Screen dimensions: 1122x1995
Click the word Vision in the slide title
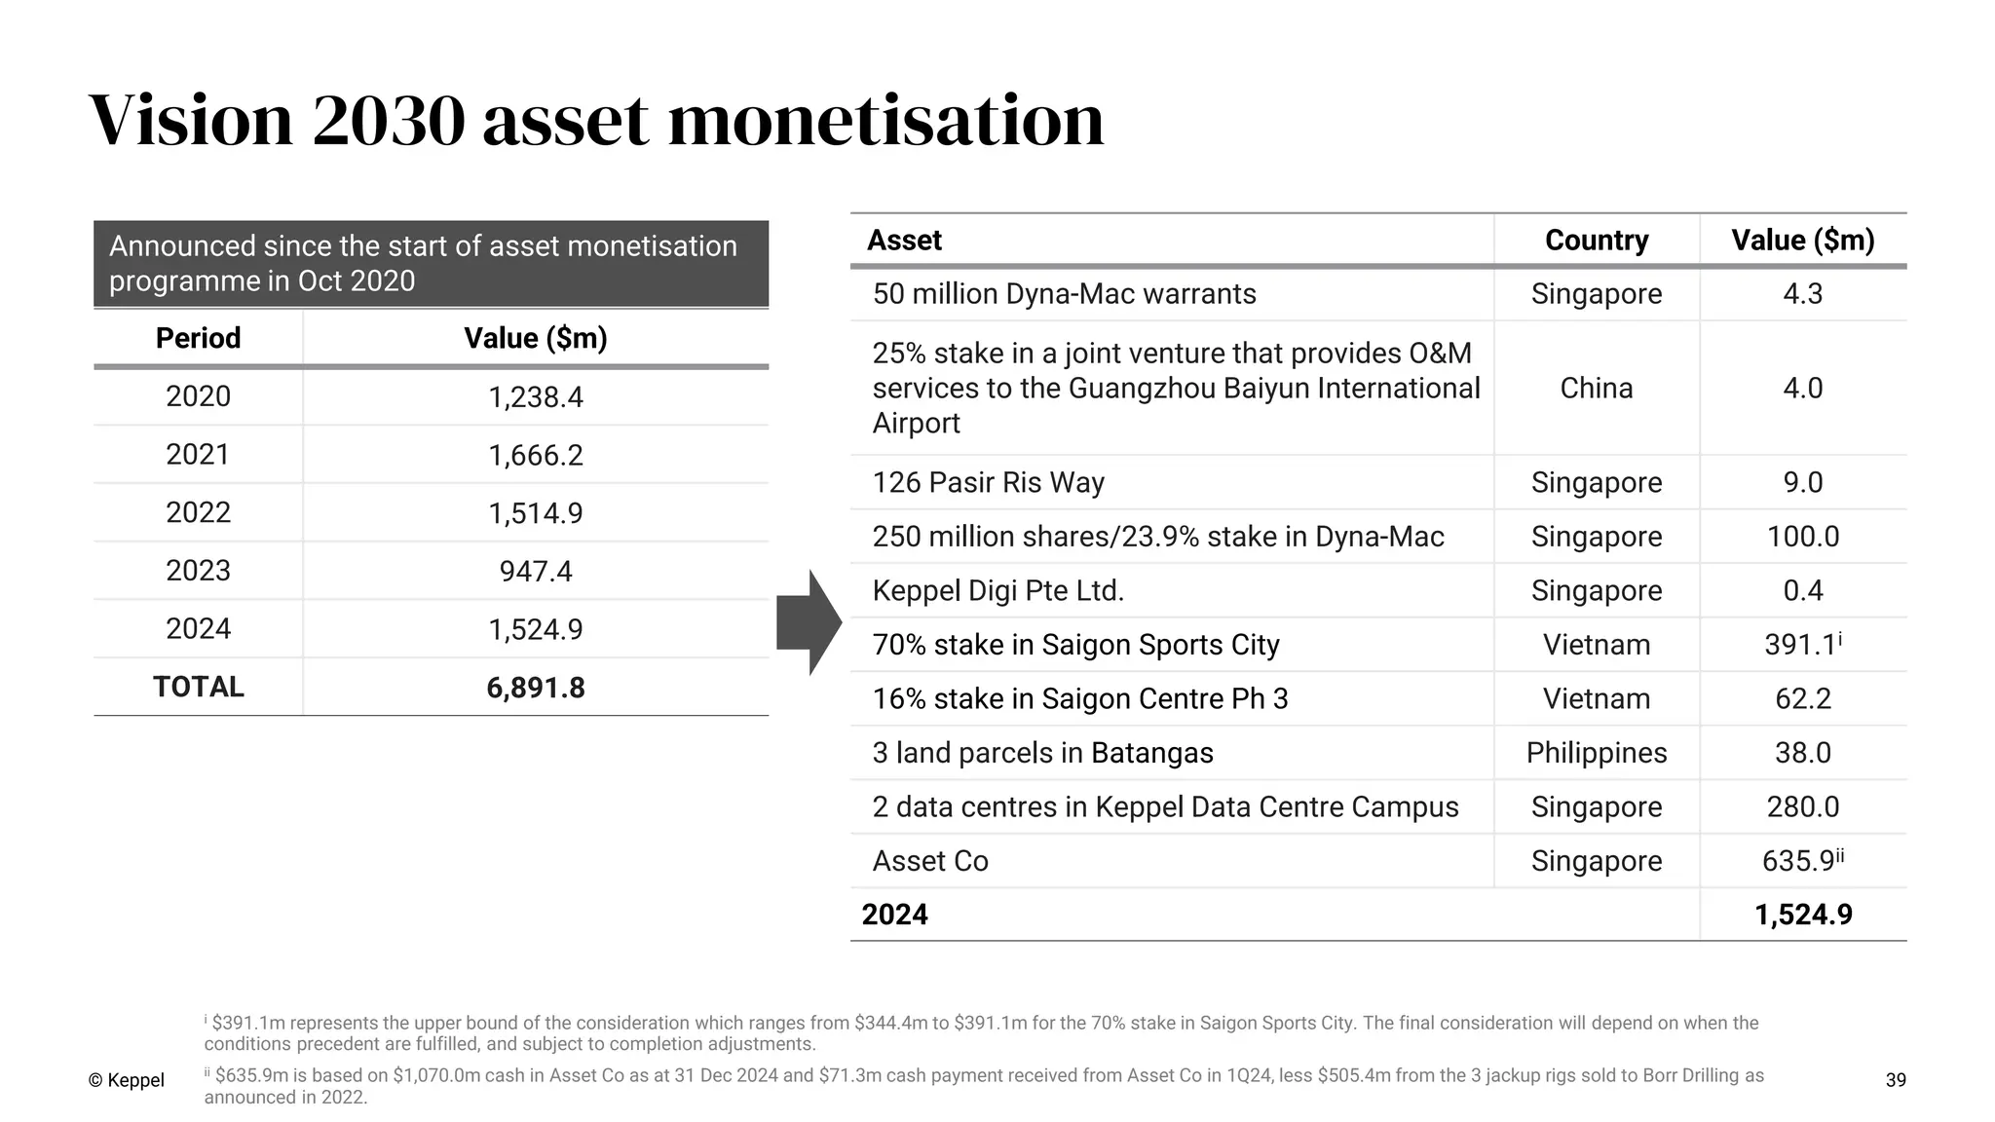pos(191,121)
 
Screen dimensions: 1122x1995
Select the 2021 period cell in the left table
pos(198,455)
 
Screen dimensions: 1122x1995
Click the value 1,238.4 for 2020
pos(535,397)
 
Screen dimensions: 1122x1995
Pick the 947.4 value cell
pos(535,571)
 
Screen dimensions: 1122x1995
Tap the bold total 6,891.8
pos(535,688)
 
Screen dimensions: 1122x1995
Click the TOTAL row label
pos(198,687)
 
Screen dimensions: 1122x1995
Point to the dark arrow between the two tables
pos(809,622)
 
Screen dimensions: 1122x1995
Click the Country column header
pos(1596,241)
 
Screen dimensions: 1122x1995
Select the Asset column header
pos(904,241)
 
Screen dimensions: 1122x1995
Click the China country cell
pos(1596,388)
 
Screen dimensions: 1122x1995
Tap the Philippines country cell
pos(1596,753)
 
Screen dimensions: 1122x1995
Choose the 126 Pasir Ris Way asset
pos(988,483)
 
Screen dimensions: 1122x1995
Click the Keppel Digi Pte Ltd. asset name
pos(997,591)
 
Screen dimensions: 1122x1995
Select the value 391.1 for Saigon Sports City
pos(1800,645)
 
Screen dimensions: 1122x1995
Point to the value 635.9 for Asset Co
pos(1799,861)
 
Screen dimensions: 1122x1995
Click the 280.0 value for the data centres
pos(1802,807)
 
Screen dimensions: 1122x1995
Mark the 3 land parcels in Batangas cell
pos(1042,753)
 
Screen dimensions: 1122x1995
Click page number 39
pos(1895,1080)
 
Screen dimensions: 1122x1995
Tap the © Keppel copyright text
pos(126,1080)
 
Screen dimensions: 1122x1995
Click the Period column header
pos(198,338)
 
